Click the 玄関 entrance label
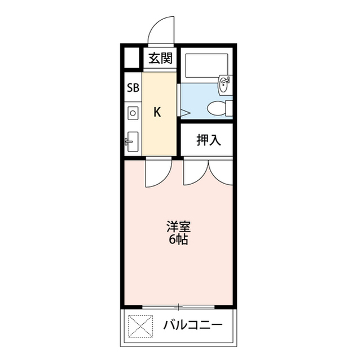coord(160,58)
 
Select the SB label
coord(133,87)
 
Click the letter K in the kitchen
coord(158,112)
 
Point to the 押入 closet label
coord(208,140)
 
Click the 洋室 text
coord(178,227)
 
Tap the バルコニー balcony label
coord(193,326)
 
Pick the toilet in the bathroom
coord(218,106)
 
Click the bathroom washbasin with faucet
coord(224,85)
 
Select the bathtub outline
coord(206,67)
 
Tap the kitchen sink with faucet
coord(133,140)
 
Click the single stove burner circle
coord(133,113)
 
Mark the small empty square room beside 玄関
coord(132,59)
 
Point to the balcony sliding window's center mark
coord(178,307)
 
